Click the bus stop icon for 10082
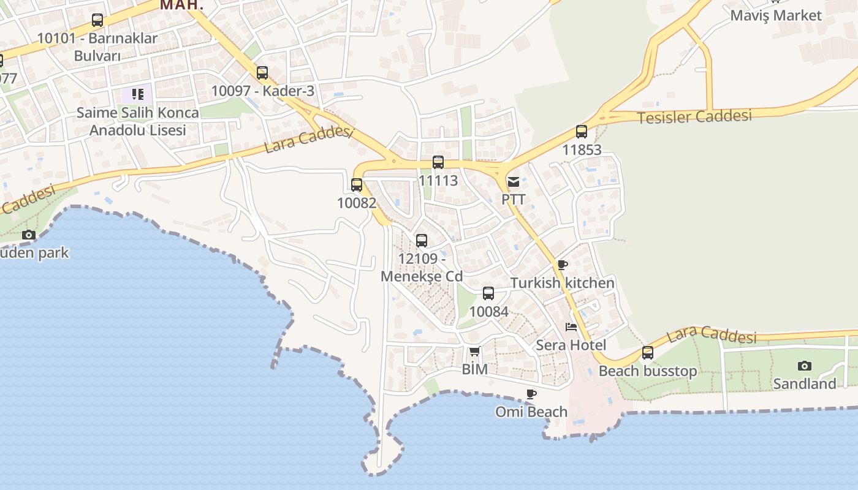[357, 185]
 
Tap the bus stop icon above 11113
[438, 162]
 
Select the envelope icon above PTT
[514, 182]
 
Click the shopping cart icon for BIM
[474, 352]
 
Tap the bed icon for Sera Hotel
[571, 326]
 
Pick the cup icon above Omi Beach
[531, 394]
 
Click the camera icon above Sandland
[805, 366]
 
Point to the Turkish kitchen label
[562, 283]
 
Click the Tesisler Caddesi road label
[694, 116]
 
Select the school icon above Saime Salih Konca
[137, 94]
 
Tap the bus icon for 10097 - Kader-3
[262, 73]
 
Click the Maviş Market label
[775, 15]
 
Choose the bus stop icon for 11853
[582, 132]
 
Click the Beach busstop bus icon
[648, 353]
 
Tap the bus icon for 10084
[488, 293]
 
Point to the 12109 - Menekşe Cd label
[422, 267]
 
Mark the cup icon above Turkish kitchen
[562, 265]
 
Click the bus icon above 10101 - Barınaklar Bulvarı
[97, 20]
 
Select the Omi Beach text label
[531, 412]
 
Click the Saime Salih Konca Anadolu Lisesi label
[137, 121]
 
